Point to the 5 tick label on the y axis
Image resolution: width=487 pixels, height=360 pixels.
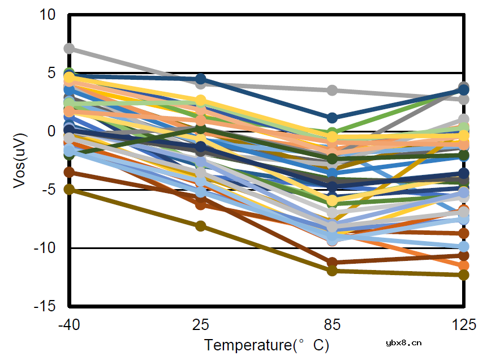pyautogui.click(x=51, y=73)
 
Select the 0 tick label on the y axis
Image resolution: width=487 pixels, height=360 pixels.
pyautogui.click(x=51, y=131)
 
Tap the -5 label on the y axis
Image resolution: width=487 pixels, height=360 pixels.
pyautogui.click(x=49, y=190)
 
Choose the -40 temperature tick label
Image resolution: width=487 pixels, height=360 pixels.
pyautogui.click(x=69, y=325)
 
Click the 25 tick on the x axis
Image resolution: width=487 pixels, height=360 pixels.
pyautogui.click(x=201, y=325)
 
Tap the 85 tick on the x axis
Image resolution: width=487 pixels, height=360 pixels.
pyautogui.click(x=333, y=325)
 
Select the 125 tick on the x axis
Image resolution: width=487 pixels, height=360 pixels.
pyautogui.click(x=464, y=325)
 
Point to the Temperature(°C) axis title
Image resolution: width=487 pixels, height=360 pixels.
pyautogui.click(x=266, y=345)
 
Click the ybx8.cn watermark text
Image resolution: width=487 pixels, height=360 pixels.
pyautogui.click(x=403, y=342)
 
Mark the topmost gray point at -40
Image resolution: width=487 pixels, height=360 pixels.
pyautogui.click(x=69, y=49)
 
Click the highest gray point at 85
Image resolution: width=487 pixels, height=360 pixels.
pyautogui.click(x=333, y=90)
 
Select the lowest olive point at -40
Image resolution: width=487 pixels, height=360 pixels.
pyautogui.click(x=69, y=190)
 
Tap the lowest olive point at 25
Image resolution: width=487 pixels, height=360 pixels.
pyautogui.click(x=201, y=226)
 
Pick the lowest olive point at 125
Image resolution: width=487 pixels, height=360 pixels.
pyautogui.click(x=464, y=275)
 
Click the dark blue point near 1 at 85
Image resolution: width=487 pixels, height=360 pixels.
pyautogui.click(x=333, y=118)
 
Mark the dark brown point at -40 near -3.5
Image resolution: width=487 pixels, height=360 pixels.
pyautogui.click(x=69, y=172)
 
